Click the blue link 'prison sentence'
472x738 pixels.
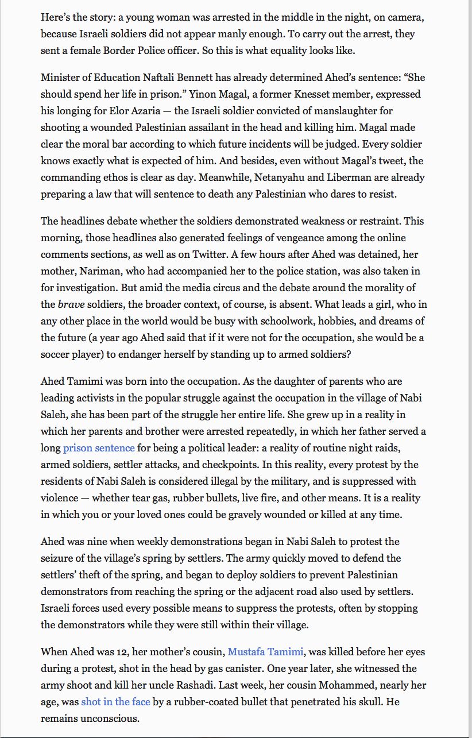pyautogui.click(x=99, y=448)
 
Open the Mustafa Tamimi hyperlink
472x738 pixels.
pyautogui.click(x=265, y=652)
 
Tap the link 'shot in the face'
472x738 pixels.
pyautogui.click(x=115, y=702)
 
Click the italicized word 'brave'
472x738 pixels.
pyautogui.click(x=71, y=304)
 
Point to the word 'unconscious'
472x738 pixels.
pyautogui.click(x=111, y=718)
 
